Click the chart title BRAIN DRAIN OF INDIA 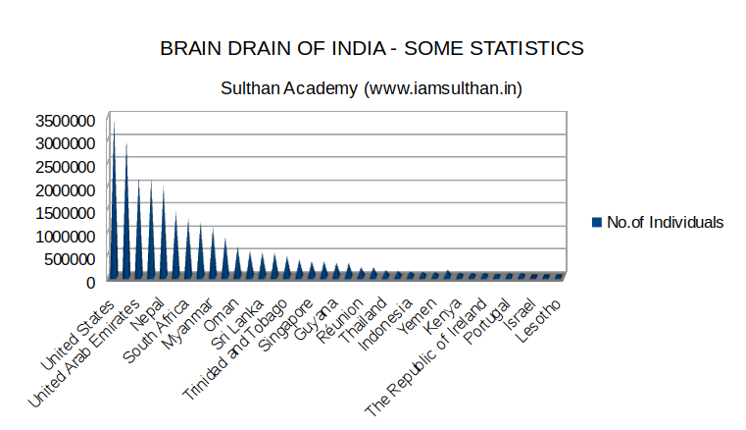(372, 48)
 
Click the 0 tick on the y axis (90, 282)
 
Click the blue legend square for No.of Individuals (596, 223)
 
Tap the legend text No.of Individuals (665, 223)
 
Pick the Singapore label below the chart (287, 330)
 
